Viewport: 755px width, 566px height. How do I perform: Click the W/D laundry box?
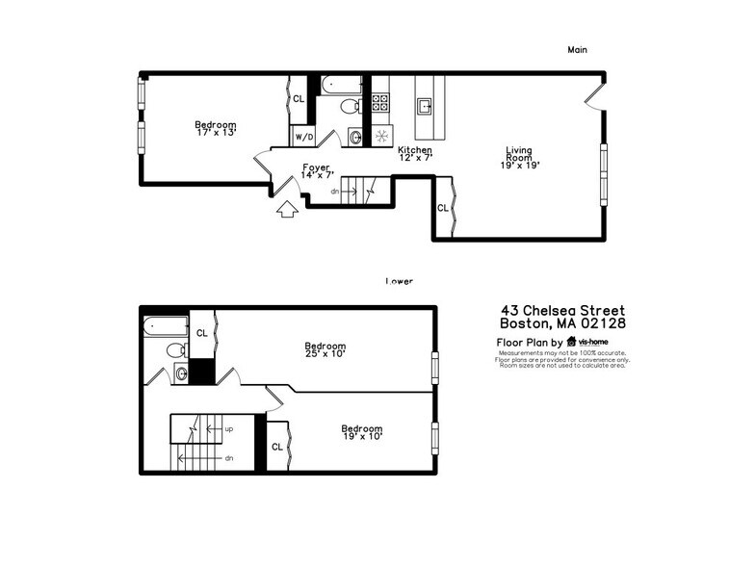coord(302,137)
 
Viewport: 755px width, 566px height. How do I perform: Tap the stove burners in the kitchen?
coord(380,99)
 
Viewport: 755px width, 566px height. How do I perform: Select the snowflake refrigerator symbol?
coord(380,136)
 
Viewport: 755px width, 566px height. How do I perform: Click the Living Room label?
coord(519,154)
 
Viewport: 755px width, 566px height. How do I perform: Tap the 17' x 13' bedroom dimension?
coord(215,132)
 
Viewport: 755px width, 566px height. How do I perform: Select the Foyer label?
coord(316,167)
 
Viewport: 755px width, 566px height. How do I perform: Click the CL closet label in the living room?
coord(442,208)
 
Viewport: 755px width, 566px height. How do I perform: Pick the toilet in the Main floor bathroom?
coord(352,106)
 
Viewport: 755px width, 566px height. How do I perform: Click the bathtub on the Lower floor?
coord(164,328)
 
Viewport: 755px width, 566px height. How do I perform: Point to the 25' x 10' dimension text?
coord(325,354)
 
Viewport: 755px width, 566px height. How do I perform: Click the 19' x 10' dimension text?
coord(361,436)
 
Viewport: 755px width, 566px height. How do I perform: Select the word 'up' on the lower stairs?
coord(228,428)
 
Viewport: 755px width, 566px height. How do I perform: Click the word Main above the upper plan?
coord(577,49)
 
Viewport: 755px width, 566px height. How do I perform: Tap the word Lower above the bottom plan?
coord(399,281)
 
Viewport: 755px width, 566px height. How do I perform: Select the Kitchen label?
coord(415,150)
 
